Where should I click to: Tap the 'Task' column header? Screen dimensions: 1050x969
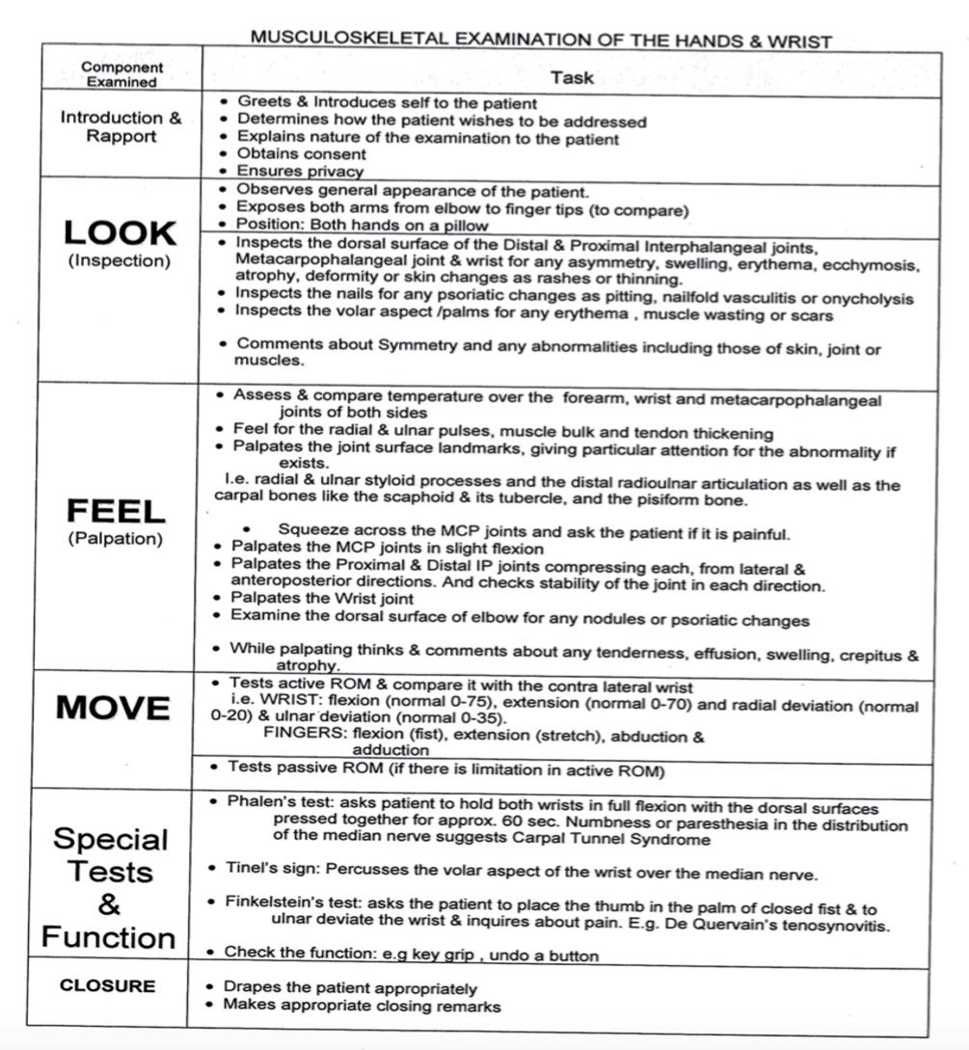tap(572, 76)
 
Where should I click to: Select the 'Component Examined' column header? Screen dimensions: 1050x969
tap(121, 74)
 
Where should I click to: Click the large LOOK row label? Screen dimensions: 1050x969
tap(121, 232)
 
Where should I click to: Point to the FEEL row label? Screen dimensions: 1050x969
tap(115, 510)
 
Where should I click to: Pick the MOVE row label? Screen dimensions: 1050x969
tap(113, 708)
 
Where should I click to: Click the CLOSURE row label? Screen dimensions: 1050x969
tap(107, 985)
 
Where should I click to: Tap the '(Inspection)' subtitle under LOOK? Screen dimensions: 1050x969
tap(121, 261)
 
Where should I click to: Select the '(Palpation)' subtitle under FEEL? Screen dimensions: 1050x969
tap(115, 539)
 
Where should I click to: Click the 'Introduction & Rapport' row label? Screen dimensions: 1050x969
tap(121, 126)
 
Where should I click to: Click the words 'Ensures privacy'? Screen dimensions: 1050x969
tap(300, 171)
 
